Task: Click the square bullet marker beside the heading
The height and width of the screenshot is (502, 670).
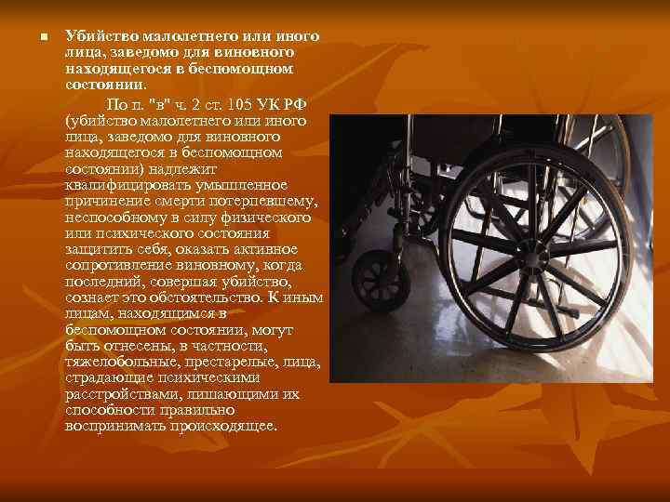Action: [33, 38]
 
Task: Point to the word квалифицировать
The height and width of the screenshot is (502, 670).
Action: [120, 184]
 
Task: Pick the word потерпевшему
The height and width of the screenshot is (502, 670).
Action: [264, 201]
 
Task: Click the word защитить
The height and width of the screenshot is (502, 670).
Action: [97, 249]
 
